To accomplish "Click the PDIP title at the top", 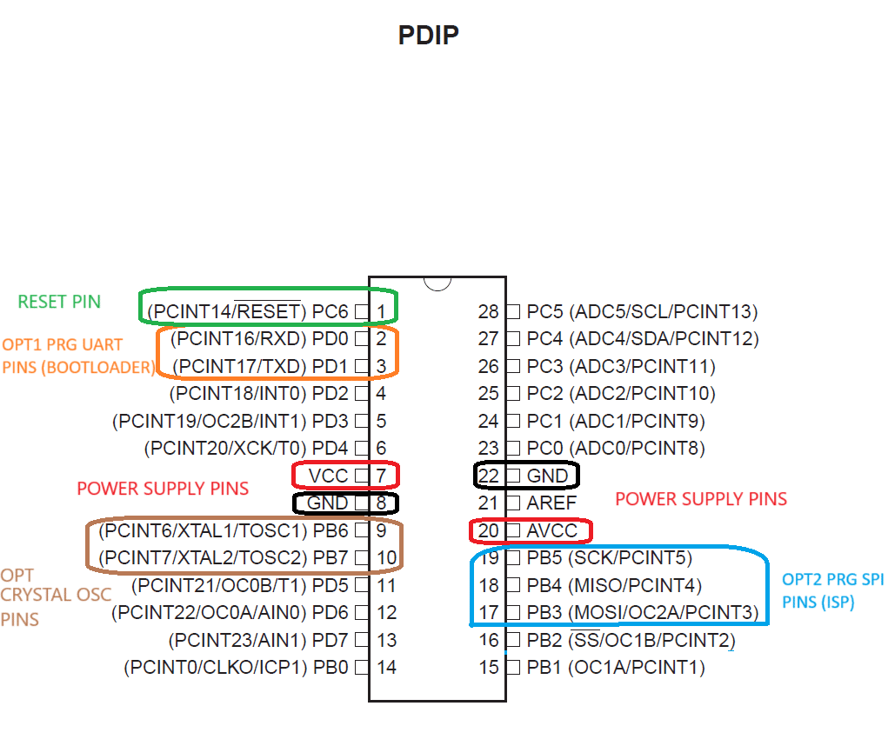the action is [428, 35].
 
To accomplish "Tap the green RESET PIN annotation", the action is [59, 302].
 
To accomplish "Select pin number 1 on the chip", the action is [381, 311].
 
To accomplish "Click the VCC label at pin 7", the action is [329, 476].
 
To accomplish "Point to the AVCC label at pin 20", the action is [552, 531].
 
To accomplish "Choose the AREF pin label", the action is [551, 503].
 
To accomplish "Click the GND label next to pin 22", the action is [547, 476].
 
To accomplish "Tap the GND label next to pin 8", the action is [327, 503].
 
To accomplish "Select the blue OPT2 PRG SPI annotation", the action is [832, 590].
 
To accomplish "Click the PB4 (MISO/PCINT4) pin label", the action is [614, 585].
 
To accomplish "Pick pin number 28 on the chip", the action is [488, 311].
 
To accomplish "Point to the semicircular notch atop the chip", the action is [437, 283].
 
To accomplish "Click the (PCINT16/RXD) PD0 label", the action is [259, 338].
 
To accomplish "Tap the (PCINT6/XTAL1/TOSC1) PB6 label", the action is [224, 531].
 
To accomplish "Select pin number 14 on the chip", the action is [387, 668].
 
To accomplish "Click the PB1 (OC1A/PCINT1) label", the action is [616, 668].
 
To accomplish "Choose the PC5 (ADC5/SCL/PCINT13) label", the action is [642, 311].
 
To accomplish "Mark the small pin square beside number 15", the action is [513, 668].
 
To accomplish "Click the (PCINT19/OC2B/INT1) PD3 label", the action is [230, 421].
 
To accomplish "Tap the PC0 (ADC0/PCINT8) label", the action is [616, 449].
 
